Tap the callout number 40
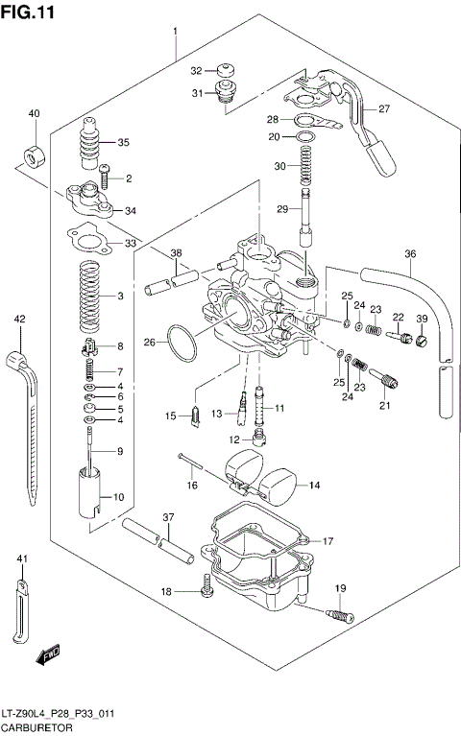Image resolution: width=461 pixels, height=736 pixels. tap(34, 114)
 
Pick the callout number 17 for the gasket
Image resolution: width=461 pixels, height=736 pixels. tap(328, 541)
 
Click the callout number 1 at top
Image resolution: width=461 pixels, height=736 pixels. tap(176, 32)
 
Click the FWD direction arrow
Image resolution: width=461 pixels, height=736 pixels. tap(46, 656)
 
